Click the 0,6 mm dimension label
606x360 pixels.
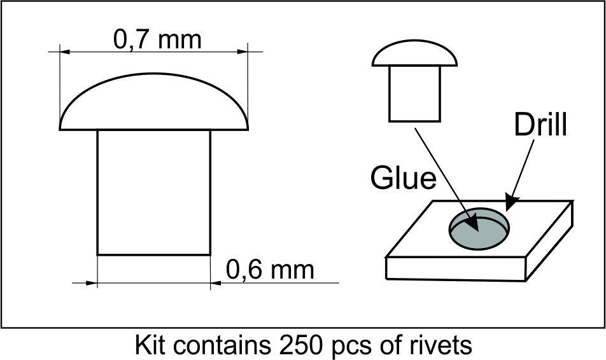point(270,270)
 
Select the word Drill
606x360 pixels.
point(540,125)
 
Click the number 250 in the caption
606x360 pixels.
point(300,345)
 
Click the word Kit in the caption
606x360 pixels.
point(150,345)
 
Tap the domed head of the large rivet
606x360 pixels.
point(154,102)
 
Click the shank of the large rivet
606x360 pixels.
point(154,192)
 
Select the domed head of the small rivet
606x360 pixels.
point(414,53)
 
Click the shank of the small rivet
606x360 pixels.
point(414,94)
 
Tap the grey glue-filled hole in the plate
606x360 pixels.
point(479,229)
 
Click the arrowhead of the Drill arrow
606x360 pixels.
point(512,203)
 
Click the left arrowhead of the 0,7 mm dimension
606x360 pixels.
point(65,52)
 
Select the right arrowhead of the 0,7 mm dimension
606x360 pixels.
point(243,52)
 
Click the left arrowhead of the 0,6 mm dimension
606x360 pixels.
point(92,283)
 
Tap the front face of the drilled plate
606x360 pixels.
point(456,269)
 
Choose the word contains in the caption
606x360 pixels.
point(222,345)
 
